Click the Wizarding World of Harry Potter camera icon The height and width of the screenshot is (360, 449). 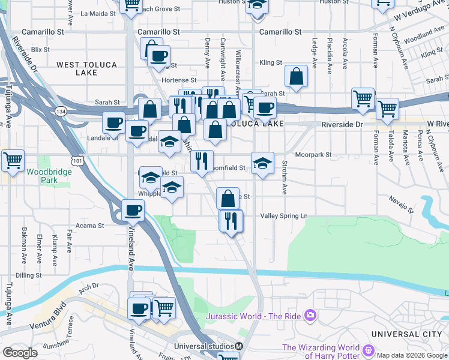pyautogui.click(x=369, y=350)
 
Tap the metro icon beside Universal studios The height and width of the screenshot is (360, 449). pyautogui.click(x=238, y=346)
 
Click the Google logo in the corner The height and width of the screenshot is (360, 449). pyautogui.click(x=19, y=353)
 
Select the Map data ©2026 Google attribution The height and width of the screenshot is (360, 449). pyautogui.click(x=412, y=355)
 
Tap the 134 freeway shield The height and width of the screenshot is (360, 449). pyautogui.click(x=61, y=111)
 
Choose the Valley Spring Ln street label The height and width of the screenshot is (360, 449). pyautogui.click(x=283, y=216)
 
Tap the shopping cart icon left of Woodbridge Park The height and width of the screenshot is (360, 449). pyautogui.click(x=13, y=160)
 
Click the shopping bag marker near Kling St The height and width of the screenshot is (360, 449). pyautogui.click(x=296, y=76)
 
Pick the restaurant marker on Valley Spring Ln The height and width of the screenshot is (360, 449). pyautogui.click(x=231, y=220)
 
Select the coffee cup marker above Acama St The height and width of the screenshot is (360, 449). pyautogui.click(x=133, y=210)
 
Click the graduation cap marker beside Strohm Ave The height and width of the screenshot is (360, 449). pyautogui.click(x=262, y=163)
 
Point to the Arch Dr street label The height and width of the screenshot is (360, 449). pyautogui.click(x=88, y=287)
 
